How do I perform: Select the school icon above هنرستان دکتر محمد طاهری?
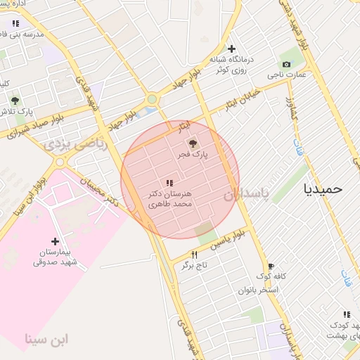tap(169, 184)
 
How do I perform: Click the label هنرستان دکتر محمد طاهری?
tap(169, 198)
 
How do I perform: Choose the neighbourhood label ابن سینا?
tap(47, 339)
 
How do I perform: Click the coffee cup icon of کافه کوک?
tap(271, 266)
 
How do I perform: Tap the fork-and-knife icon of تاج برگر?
tap(194, 255)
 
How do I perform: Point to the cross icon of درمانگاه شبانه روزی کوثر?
tap(231, 49)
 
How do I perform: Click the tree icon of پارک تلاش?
tap(15, 101)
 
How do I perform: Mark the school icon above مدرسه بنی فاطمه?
tap(15, 23)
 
